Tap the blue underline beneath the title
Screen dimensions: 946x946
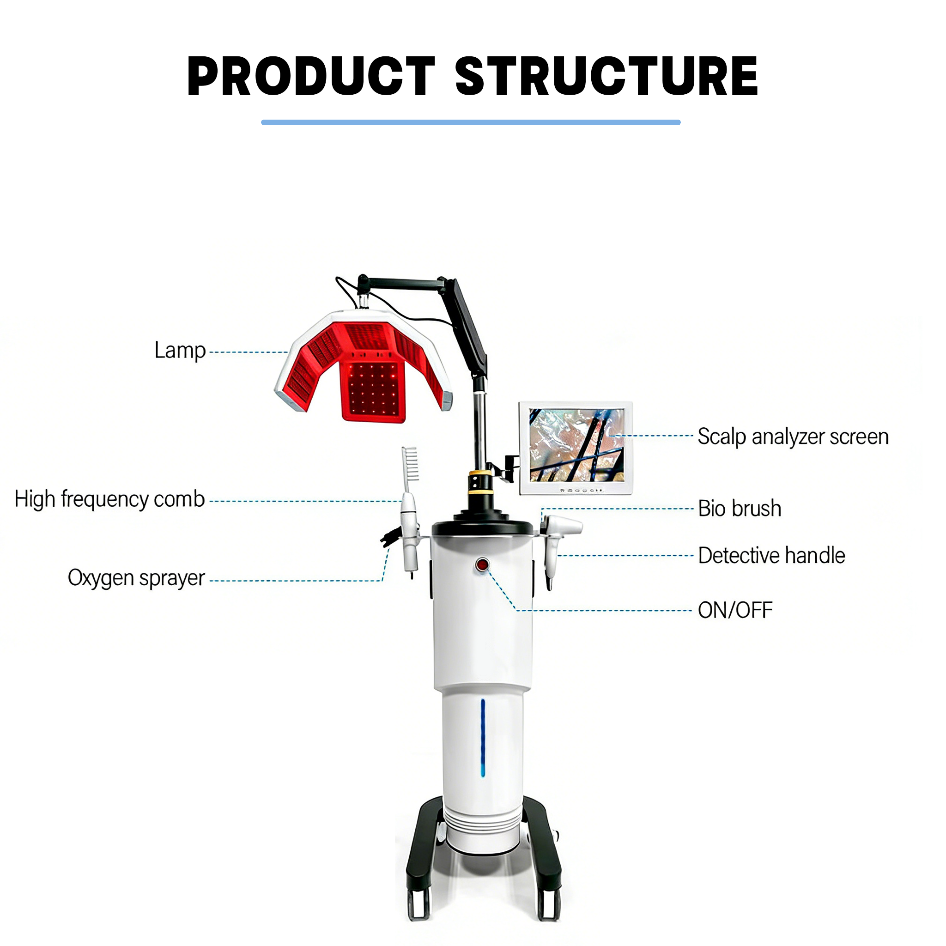pos(471,122)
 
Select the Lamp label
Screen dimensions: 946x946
pos(180,351)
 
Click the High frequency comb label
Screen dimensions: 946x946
pos(109,499)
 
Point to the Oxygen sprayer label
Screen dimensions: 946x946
pos(136,578)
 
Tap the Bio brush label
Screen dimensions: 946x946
pos(740,508)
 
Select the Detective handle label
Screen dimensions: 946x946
pos(772,555)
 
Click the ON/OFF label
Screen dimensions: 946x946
pos(735,611)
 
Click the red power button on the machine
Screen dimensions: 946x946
pos(482,564)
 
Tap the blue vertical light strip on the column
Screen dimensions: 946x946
pos(483,737)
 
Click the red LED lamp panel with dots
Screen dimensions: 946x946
pos(374,392)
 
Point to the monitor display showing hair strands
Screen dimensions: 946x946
pos(577,445)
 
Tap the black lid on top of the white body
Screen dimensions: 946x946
pos(482,523)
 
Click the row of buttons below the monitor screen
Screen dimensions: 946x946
pos(582,490)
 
